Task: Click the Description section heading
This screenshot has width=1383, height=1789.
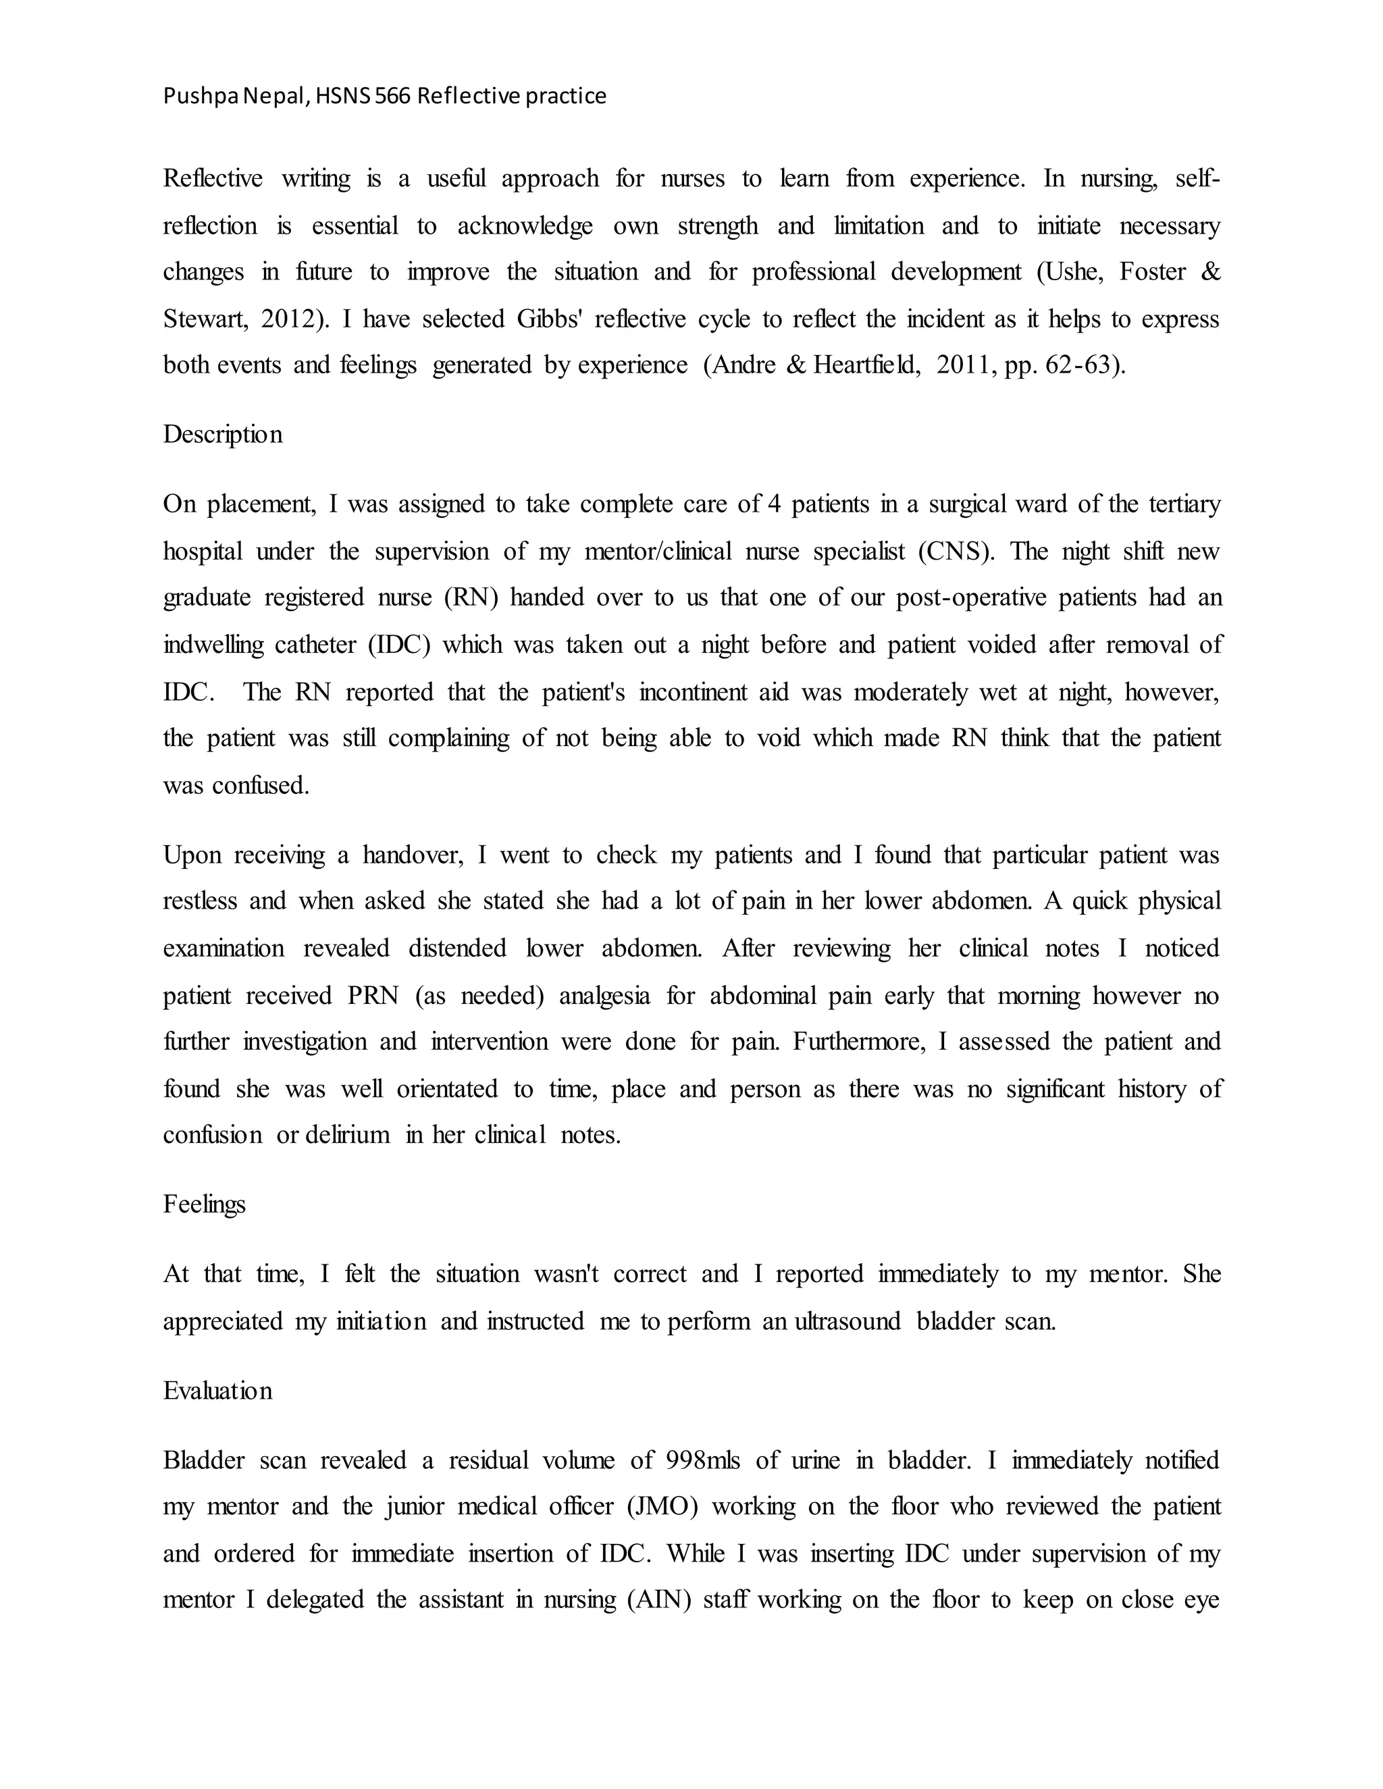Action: [x=223, y=434]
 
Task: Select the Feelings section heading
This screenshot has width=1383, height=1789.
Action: [x=204, y=1204]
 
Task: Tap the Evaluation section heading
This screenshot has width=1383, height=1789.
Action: [x=218, y=1391]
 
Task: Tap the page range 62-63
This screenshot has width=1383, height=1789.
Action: [x=1084, y=365]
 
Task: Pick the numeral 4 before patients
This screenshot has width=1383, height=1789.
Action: [x=775, y=504]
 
